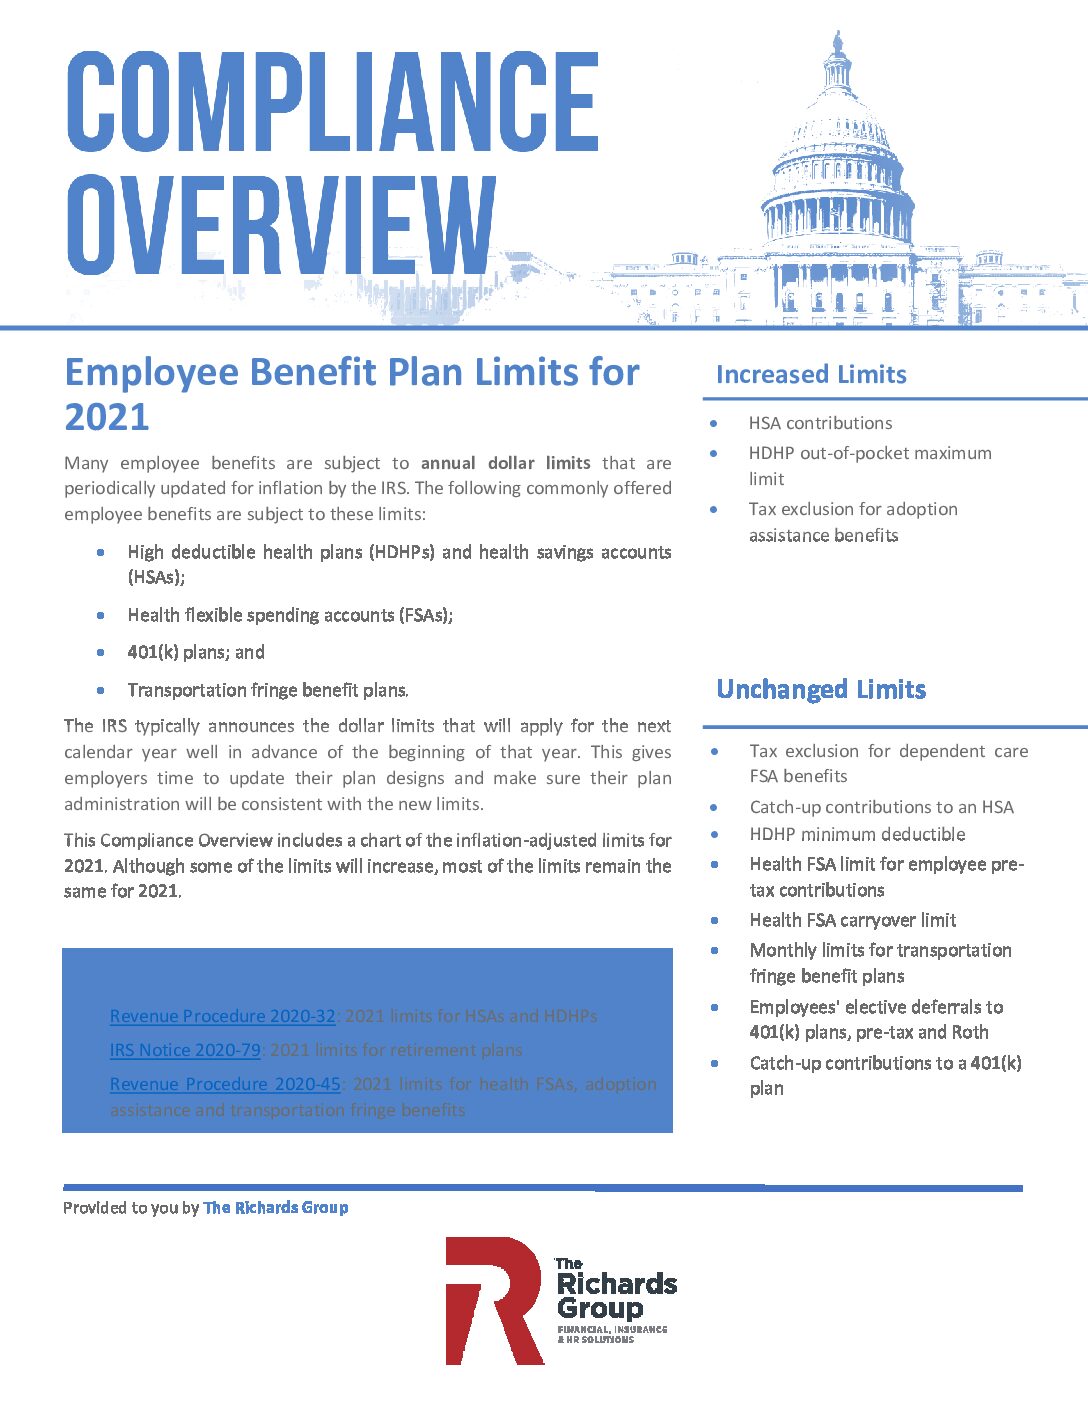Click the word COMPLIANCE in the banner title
332,102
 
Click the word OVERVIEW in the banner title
281,225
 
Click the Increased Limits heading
811,375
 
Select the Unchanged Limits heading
821,690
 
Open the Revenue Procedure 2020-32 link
222,1016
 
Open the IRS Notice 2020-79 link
185,1050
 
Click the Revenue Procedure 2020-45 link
225,1084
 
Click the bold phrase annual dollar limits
505,463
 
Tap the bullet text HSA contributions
820,423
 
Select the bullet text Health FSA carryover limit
852,920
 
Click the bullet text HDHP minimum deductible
857,834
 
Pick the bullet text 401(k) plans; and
196,652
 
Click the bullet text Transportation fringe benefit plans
268,690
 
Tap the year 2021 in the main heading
107,417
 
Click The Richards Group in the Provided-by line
276,1208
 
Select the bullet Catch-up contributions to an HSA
881,807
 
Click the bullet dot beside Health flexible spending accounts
101,615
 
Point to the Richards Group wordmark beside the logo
615,1296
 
